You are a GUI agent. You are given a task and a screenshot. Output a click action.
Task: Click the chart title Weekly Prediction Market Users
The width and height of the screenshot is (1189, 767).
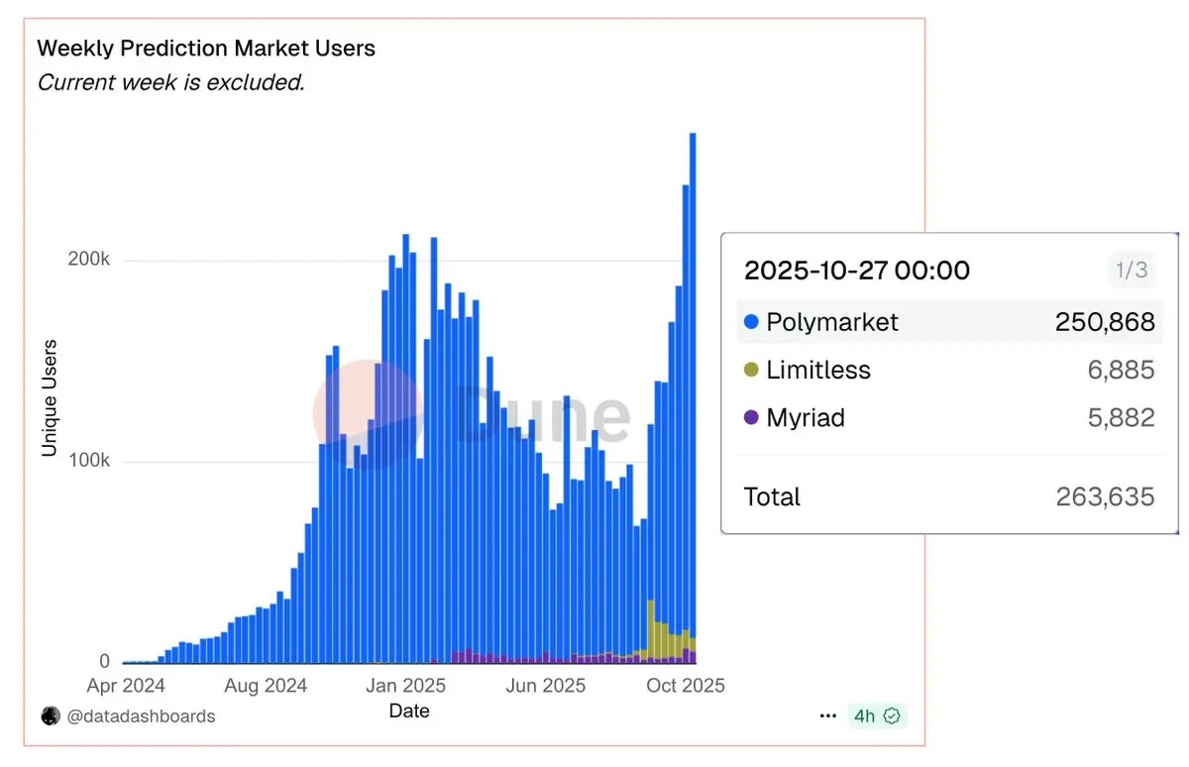(206, 49)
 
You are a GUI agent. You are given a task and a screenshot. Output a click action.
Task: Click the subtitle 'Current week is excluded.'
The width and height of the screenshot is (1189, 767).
(170, 82)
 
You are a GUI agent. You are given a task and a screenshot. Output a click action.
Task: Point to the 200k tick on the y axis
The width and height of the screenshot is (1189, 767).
(88, 261)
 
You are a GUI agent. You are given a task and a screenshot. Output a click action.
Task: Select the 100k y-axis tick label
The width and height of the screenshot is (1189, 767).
(88, 462)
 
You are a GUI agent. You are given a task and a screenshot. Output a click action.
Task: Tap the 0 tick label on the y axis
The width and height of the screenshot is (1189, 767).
(104, 662)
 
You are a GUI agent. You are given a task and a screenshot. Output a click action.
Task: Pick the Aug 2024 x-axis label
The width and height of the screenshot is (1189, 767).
(267, 686)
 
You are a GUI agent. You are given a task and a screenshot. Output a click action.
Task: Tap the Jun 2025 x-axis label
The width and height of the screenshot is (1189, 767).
(545, 686)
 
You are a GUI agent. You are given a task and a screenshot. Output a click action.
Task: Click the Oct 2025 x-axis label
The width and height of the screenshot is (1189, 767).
(685, 686)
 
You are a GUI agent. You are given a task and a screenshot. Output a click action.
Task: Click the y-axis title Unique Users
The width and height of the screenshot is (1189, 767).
(50, 398)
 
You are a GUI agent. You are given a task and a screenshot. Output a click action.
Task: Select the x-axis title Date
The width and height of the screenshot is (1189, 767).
(409, 711)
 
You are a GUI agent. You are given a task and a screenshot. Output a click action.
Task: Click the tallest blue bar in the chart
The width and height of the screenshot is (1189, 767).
(693, 396)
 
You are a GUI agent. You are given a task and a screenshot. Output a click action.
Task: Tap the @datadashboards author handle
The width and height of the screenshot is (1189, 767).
(140, 716)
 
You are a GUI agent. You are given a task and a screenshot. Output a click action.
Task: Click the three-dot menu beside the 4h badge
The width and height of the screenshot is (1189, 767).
(828, 716)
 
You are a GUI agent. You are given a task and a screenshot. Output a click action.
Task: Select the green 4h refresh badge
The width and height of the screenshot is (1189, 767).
(877, 716)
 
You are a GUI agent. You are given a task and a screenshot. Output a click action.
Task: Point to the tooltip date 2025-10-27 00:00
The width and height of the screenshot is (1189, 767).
(857, 271)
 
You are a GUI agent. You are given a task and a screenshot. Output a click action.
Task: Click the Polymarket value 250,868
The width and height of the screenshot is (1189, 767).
(1105, 322)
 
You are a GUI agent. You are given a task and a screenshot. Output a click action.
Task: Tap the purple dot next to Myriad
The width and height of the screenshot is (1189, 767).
(750, 418)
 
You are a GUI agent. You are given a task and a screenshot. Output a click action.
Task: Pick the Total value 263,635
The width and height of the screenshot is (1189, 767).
(1105, 496)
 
